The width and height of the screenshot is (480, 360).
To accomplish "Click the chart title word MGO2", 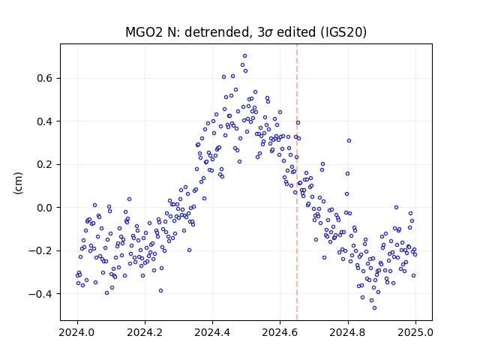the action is click(x=144, y=32).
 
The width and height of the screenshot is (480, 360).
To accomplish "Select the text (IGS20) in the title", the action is click(x=343, y=32).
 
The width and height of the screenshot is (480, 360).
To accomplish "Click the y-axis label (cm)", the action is click(x=18, y=183).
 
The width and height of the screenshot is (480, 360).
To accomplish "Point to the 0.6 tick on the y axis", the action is click(x=45, y=78).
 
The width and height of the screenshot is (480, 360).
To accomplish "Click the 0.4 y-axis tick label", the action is click(x=45, y=121).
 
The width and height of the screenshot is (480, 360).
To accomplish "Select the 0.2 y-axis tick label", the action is click(x=45, y=165).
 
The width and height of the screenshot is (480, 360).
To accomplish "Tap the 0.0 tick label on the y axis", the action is click(x=45, y=208).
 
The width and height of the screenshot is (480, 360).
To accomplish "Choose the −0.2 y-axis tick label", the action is click(x=40, y=251).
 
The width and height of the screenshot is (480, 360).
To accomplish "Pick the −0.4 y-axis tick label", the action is click(x=40, y=294).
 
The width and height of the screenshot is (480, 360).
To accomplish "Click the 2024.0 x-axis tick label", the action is click(x=77, y=332).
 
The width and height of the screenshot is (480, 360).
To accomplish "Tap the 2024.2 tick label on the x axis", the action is click(x=145, y=332).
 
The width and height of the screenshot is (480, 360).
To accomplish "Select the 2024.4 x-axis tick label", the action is click(x=212, y=332).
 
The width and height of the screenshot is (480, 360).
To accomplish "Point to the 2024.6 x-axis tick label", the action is click(x=280, y=332).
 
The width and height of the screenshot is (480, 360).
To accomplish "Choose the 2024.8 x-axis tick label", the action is click(x=348, y=332).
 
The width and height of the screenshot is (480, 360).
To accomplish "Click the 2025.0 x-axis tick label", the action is click(x=415, y=332).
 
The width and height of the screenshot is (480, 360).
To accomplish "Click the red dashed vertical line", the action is click(x=297, y=182).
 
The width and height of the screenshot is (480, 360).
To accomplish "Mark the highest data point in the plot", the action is click(x=245, y=56).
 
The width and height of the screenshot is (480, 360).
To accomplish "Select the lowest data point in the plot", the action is click(x=374, y=308).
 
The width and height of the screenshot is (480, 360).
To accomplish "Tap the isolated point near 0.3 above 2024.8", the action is click(x=349, y=141).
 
